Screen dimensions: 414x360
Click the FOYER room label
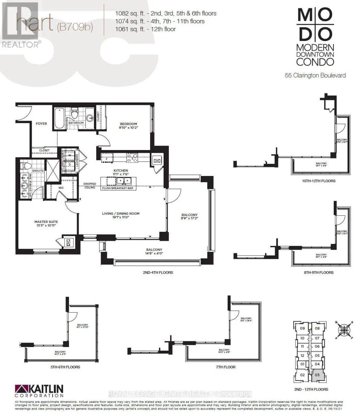pyautogui.click(x=41, y=124)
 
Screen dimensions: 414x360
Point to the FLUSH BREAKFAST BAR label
pyautogui.click(x=117, y=188)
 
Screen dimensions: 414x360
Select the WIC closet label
pyautogui.click(x=61, y=188)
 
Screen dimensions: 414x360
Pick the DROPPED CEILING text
pyautogui.click(x=89, y=186)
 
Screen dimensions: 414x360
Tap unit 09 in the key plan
pyautogui.click(x=302, y=328)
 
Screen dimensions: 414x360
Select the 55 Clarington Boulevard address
pyautogui.click(x=315, y=75)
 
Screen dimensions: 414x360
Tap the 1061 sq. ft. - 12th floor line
pyautogui.click(x=145, y=29)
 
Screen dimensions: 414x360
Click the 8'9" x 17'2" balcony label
pyautogui.click(x=189, y=217)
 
